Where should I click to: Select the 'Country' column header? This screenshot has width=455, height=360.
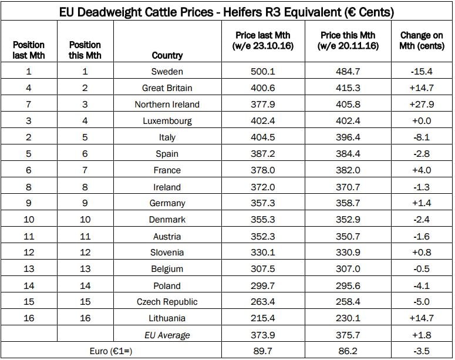click(167, 55)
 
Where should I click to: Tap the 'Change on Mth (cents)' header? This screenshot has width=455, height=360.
click(422, 41)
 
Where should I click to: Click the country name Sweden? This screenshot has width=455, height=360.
click(167, 72)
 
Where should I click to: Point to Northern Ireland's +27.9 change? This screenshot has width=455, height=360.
click(422, 105)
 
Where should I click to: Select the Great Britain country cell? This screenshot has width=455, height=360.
click(167, 88)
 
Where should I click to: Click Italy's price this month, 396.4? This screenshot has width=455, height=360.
click(348, 137)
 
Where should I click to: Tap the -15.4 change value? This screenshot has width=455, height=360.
click(422, 72)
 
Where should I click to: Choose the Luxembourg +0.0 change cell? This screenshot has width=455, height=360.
click(422, 121)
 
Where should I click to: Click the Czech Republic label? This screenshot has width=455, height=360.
click(167, 302)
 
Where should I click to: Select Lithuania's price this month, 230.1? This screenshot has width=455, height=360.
click(348, 318)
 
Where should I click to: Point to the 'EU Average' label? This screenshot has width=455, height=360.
click(167, 335)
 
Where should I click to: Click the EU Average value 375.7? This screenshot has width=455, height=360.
click(348, 335)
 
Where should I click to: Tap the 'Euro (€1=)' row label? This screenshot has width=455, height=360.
click(112, 351)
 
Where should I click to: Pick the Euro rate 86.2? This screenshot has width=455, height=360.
click(348, 351)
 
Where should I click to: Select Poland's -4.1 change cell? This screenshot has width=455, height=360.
click(422, 285)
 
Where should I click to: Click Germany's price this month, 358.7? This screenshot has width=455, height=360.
click(348, 203)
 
